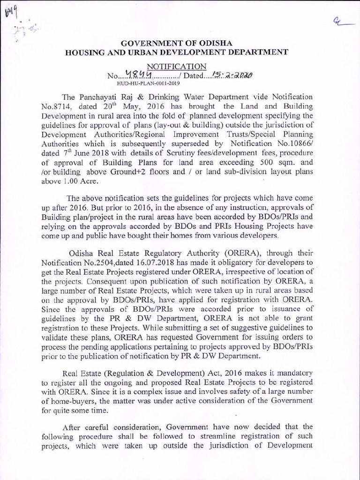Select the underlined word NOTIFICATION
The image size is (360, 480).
[x=176, y=67]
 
